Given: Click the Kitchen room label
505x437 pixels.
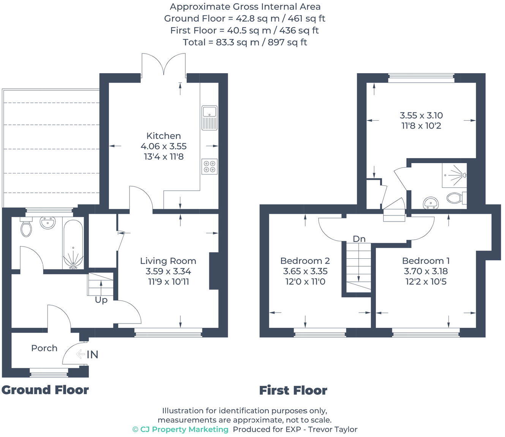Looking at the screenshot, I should pyautogui.click(x=163, y=136).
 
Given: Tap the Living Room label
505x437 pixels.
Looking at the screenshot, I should pyautogui.click(x=168, y=261).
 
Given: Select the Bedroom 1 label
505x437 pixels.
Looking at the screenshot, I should pyautogui.click(x=426, y=261).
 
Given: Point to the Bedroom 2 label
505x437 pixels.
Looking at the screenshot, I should pyautogui.click(x=305, y=261).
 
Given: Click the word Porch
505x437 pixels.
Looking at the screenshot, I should pyautogui.click(x=44, y=348).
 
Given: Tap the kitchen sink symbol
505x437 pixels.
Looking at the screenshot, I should pyautogui.click(x=209, y=118).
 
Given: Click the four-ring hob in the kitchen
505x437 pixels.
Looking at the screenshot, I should pyautogui.click(x=209, y=167).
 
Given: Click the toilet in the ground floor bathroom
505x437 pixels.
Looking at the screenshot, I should pyautogui.click(x=26, y=228).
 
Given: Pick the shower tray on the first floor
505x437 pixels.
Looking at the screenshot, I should pyautogui.click(x=454, y=175).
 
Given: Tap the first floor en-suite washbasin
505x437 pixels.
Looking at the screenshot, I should pyautogui.click(x=431, y=203).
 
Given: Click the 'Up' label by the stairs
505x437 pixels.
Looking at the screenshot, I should pyautogui.click(x=101, y=300).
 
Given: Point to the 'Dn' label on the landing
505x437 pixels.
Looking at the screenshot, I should pyautogui.click(x=359, y=239).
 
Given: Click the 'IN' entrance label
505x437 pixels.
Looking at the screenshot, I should pyautogui.click(x=92, y=355).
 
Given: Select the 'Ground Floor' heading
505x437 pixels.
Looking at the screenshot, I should pyautogui.click(x=45, y=390).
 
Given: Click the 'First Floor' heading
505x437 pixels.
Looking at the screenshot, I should pyautogui.click(x=293, y=390).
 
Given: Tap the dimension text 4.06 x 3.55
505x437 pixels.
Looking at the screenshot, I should pyautogui.click(x=163, y=146).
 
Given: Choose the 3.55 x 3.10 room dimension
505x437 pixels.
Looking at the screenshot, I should pyautogui.click(x=421, y=115).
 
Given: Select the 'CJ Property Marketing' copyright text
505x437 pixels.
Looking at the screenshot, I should pyautogui.click(x=180, y=429).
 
